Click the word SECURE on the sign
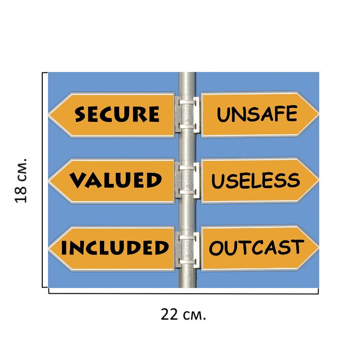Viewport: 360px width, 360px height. (x=117, y=114)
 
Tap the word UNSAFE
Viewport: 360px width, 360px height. (x=257, y=114)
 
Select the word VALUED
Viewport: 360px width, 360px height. (x=116, y=180)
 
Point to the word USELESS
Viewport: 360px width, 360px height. (x=255, y=180)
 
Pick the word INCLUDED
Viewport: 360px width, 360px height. (x=115, y=248)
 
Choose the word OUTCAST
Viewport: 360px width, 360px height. (x=256, y=248)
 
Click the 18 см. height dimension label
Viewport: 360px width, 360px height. (x=22, y=180)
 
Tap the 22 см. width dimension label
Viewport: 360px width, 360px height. (x=183, y=315)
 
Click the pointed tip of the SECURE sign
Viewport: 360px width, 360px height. (x=50, y=115)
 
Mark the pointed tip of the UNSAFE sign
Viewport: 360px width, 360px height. (x=317, y=114)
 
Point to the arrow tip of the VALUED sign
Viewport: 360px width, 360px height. (x=50, y=181)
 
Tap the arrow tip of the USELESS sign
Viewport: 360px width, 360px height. (x=317, y=180)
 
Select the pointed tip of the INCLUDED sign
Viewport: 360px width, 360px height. (x=50, y=249)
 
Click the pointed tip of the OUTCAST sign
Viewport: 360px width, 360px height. (x=317, y=248)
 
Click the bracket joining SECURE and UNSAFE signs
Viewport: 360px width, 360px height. (x=187, y=114)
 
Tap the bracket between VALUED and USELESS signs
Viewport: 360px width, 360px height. (x=187, y=180)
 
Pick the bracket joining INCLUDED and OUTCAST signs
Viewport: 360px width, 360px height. (x=187, y=249)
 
